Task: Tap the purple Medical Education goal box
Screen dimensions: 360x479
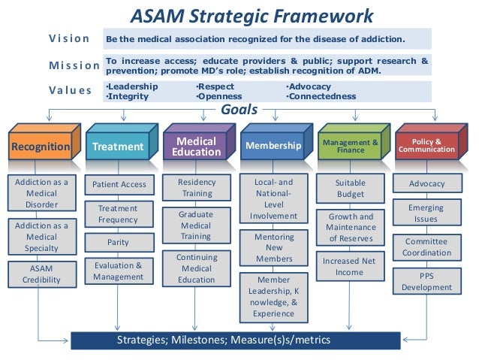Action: [x=195, y=147]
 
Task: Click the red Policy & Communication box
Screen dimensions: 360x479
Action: [x=426, y=145]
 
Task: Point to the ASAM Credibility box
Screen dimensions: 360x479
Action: [x=41, y=274]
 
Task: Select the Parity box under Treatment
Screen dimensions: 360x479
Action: [x=118, y=243]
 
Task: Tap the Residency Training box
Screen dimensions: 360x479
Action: [x=196, y=188]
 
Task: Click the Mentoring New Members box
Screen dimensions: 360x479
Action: [x=273, y=247]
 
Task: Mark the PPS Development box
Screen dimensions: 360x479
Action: [x=426, y=281]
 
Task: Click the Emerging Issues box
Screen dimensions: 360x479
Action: [x=426, y=213]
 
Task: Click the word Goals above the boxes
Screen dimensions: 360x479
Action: [x=239, y=110]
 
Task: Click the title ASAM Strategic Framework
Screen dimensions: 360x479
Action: [x=252, y=15]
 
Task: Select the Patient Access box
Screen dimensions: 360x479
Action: [x=119, y=183]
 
